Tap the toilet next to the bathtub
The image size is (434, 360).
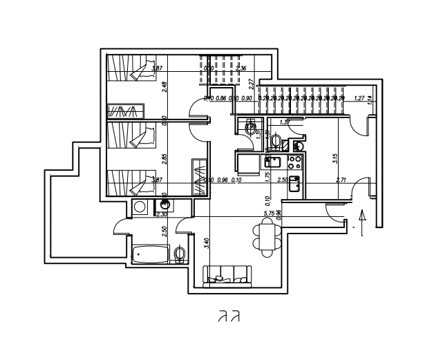[x=180, y=254]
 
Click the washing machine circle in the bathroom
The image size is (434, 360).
[x=140, y=207]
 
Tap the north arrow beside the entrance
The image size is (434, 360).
[x=364, y=223]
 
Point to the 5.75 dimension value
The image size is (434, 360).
[x=270, y=214]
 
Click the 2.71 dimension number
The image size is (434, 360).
[x=341, y=180]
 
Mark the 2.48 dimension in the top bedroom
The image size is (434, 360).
[x=164, y=87]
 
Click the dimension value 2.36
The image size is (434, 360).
[x=241, y=68]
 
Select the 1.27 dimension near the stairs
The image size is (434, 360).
[x=359, y=98]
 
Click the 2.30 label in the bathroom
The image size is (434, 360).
[x=162, y=214]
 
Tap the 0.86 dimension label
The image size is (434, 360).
[x=221, y=98]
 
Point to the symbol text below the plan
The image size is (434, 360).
[x=229, y=317]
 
